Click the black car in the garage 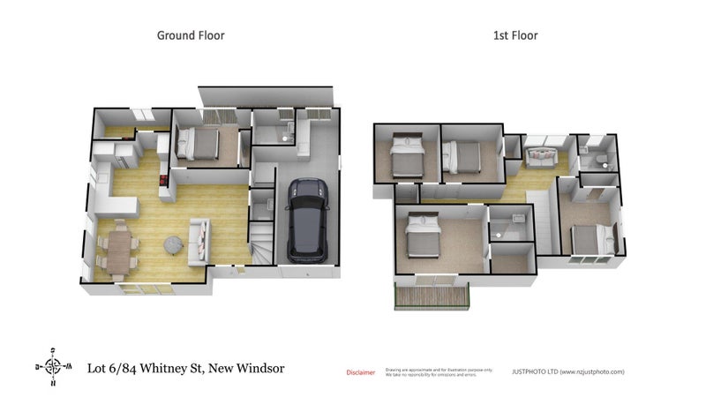click(307, 220)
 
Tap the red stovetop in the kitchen click(163, 183)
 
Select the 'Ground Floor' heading click(191, 36)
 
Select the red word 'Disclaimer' click(359, 372)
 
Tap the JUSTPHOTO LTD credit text click(567, 372)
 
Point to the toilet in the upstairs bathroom click(601, 161)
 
